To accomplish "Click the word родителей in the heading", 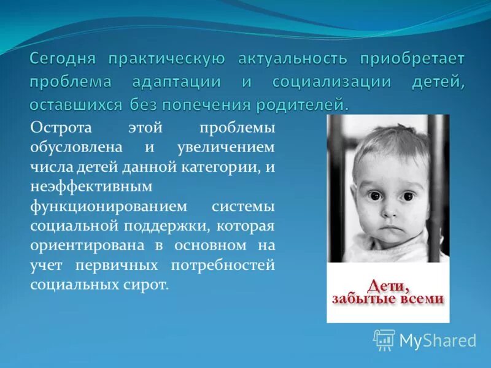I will pyautogui.click(x=294, y=104).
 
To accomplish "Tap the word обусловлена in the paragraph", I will pyautogui.click(x=76, y=147).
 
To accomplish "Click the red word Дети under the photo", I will pyautogui.click(x=387, y=285).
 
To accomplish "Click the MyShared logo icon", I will pyautogui.click(x=384, y=340).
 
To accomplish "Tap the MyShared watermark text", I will pyautogui.click(x=438, y=340).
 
